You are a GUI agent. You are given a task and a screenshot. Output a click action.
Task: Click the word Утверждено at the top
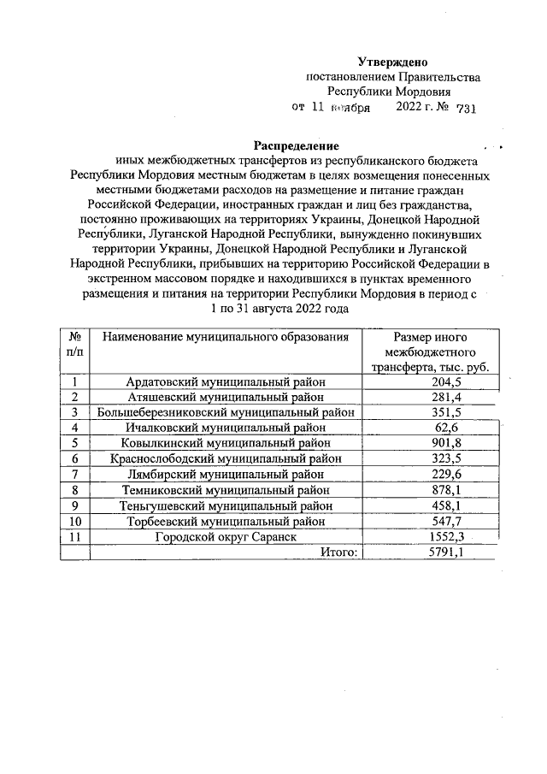click(392, 62)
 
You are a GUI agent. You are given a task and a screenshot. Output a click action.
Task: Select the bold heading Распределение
click(296, 145)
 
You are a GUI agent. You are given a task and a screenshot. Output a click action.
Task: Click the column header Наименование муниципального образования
click(226, 337)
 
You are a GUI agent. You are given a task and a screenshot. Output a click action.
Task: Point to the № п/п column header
click(75, 345)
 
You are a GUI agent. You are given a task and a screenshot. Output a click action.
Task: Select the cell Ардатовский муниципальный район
click(226, 381)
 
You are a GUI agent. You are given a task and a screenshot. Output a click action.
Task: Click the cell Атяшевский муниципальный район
click(226, 397)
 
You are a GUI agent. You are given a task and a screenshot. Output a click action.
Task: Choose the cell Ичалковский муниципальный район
click(226, 428)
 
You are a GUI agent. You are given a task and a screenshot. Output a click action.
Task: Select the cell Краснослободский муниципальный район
click(226, 458)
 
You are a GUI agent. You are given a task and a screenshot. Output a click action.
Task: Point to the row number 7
click(75, 474)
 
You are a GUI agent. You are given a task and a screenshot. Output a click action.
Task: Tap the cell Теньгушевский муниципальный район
click(226, 505)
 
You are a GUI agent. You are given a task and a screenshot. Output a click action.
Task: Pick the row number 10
click(75, 521)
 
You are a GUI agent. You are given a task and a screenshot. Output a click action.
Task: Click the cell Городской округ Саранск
click(226, 537)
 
